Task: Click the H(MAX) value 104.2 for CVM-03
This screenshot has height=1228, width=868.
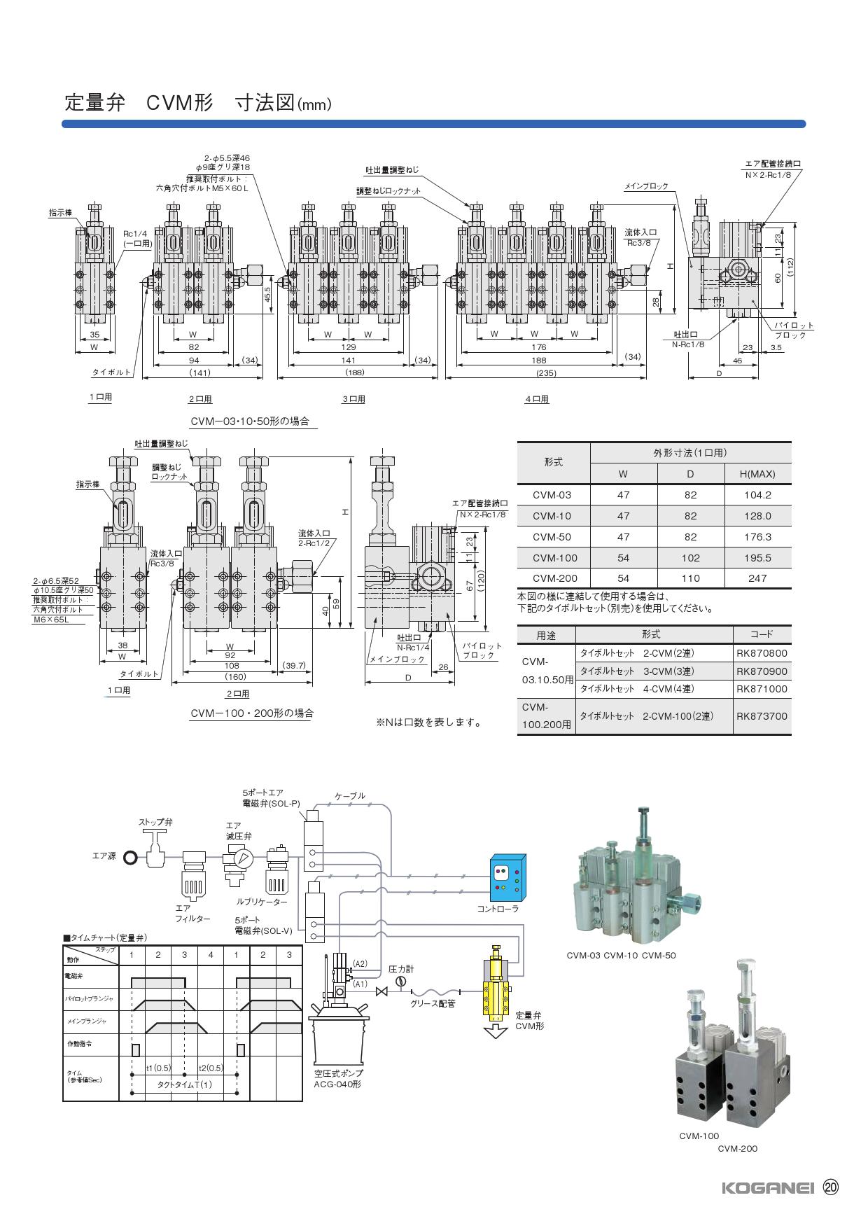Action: [x=757, y=495]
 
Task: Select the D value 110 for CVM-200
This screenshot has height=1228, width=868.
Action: [x=690, y=578]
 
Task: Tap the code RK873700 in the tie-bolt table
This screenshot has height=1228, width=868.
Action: [x=762, y=716]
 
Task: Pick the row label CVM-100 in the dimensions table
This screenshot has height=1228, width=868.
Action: [x=552, y=558]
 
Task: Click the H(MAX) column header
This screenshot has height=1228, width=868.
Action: [x=757, y=474]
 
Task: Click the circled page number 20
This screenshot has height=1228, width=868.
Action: [x=831, y=1187]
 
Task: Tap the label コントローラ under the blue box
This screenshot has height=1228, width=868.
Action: [x=498, y=909]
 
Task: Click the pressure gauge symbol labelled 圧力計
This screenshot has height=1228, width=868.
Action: [x=400, y=982]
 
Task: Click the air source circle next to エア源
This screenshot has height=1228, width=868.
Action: [x=129, y=857]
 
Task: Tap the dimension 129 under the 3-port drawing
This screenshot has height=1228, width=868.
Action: [x=348, y=347]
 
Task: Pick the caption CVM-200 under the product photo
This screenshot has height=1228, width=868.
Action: [x=737, y=1148]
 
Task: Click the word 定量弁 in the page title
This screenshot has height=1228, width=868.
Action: [x=94, y=104]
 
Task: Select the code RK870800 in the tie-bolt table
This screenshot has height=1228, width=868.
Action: [x=762, y=653]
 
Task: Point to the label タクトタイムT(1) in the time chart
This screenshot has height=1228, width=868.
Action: [x=184, y=1104]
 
